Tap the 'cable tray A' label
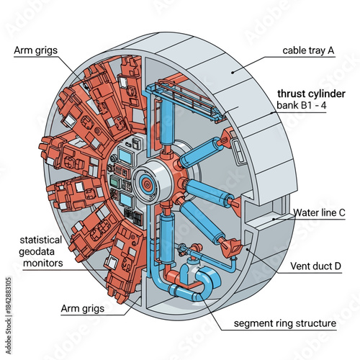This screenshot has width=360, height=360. (307, 51)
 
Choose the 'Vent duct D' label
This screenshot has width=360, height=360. (315, 266)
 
